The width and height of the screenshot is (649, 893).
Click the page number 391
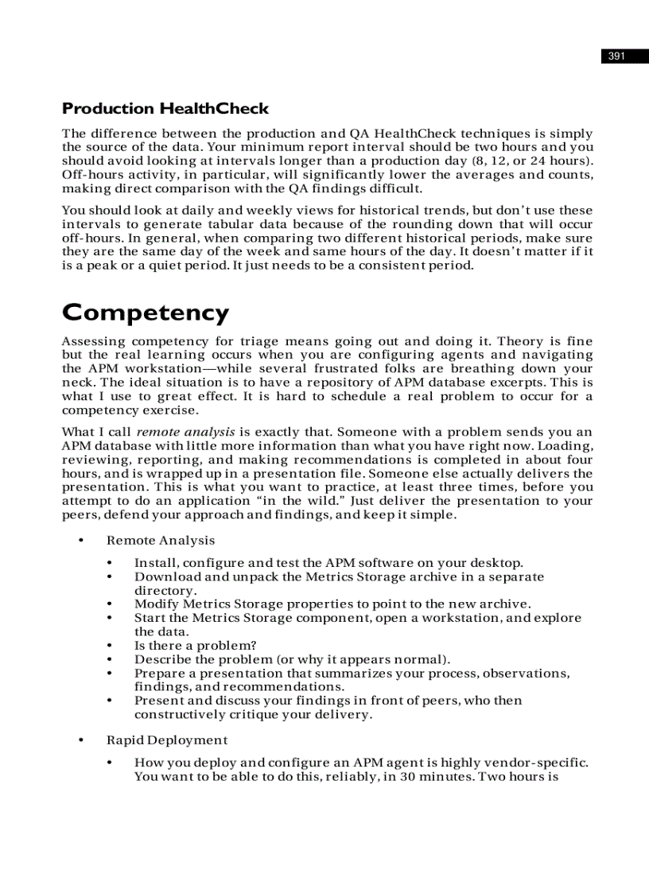pyautogui.click(x=616, y=56)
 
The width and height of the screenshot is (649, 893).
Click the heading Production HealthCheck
pyautogui.click(x=165, y=109)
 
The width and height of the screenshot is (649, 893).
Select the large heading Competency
pyautogui.click(x=146, y=313)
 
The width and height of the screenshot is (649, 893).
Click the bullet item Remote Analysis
pyautogui.click(x=161, y=541)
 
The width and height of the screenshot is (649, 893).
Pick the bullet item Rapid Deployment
pyautogui.click(x=167, y=740)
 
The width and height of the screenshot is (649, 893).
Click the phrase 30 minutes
pyautogui.click(x=436, y=776)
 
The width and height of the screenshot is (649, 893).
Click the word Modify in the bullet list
pyautogui.click(x=156, y=604)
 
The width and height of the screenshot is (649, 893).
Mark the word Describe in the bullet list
pyautogui.click(x=161, y=659)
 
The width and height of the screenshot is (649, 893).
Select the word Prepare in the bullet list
pyautogui.click(x=159, y=674)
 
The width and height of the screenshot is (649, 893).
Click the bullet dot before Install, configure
pyautogui.click(x=110, y=563)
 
